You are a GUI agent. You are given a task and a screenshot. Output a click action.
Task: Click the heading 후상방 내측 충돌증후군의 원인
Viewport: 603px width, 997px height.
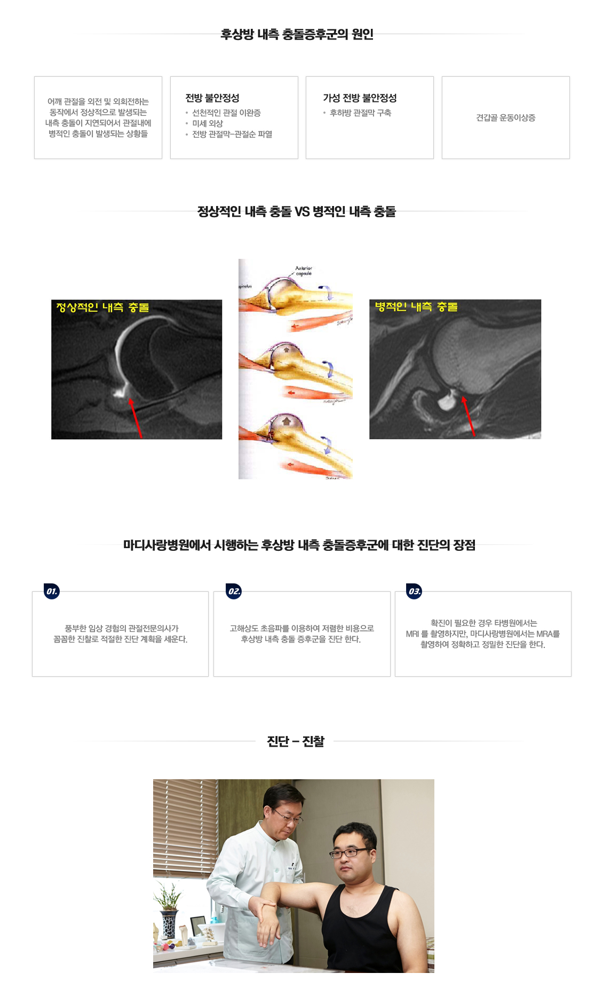[297, 35]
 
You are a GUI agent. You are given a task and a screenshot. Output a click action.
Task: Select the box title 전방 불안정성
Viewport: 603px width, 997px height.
[212, 98]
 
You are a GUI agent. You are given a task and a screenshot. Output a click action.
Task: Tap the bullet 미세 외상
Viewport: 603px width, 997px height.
[208, 123]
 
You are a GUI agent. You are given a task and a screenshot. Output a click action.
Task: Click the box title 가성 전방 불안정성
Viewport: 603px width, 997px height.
[360, 98]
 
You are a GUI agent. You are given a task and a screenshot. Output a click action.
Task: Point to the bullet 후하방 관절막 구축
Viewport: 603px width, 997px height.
[360, 113]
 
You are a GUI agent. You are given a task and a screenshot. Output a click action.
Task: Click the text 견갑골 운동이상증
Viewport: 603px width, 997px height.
[505, 118]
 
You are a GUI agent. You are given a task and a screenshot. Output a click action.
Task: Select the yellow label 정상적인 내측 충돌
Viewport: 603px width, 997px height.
[102, 307]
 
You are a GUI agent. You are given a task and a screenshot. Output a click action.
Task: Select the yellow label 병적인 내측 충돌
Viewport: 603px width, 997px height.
[416, 307]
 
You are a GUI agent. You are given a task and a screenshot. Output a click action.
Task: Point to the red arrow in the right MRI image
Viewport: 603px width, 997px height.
[468, 416]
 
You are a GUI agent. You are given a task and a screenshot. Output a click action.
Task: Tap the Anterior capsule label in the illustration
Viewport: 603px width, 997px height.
[303, 271]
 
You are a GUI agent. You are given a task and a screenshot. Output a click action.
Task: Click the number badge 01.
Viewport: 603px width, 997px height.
[52, 591]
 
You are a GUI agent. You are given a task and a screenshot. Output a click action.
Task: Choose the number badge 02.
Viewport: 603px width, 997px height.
[234, 591]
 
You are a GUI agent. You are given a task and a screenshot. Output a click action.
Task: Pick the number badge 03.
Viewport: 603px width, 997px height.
[414, 591]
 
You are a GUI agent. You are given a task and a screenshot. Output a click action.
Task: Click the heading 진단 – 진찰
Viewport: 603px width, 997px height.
[296, 741]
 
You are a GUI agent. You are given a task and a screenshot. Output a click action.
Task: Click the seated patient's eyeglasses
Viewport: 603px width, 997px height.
[350, 852]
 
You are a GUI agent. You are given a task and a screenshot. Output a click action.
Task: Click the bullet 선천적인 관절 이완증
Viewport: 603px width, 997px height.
[226, 113]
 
